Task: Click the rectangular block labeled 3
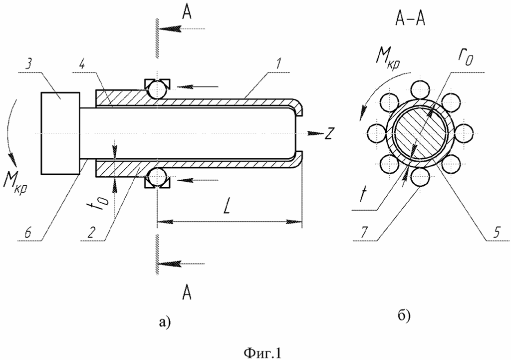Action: click(60, 133)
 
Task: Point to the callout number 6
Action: click(28, 233)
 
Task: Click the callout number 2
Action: click(92, 233)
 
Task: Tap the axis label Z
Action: click(328, 134)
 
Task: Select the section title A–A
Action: click(410, 19)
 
